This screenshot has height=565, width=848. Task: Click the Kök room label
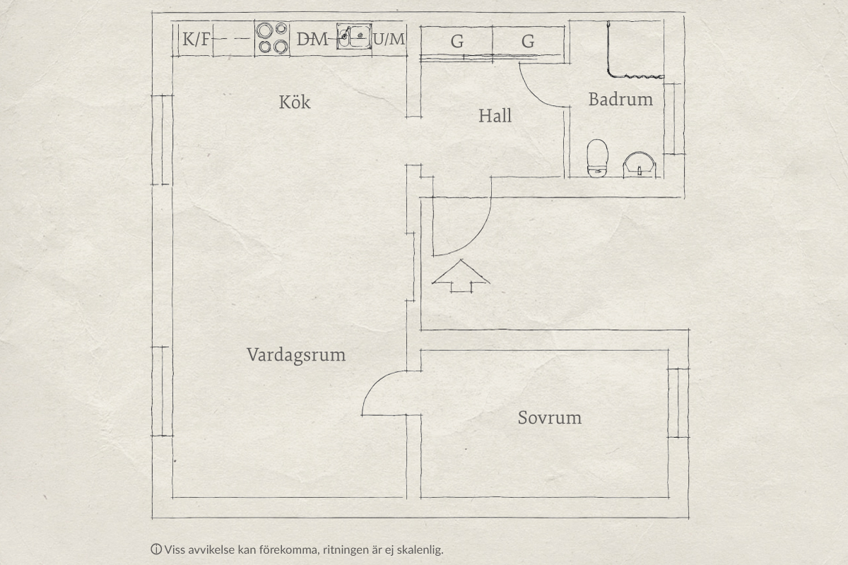(295, 102)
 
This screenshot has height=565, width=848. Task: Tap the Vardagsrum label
(296, 355)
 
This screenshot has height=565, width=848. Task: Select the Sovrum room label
(550, 418)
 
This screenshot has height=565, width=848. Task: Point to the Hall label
(495, 116)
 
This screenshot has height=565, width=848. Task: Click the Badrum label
(620, 100)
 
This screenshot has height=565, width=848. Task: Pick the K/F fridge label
(196, 39)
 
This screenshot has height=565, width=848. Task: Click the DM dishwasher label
(312, 39)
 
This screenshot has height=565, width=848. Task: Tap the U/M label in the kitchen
(389, 39)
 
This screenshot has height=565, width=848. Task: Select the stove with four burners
(272, 39)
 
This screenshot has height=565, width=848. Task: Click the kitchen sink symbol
(354, 36)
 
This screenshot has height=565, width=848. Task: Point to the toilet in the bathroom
(597, 158)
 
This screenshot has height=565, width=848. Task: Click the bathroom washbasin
(640, 165)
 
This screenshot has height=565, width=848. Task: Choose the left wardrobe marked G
(457, 41)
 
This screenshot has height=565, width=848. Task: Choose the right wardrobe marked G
(528, 41)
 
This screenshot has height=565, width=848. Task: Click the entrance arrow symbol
(461, 276)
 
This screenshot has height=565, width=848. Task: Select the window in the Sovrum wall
(678, 403)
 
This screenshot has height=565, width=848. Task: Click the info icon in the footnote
(156, 549)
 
